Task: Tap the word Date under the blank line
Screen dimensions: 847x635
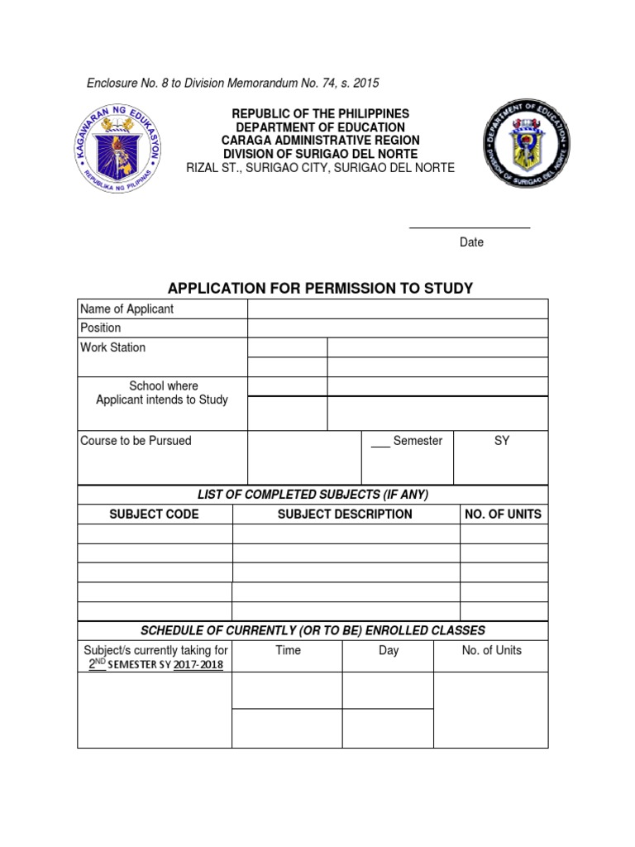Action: click(x=471, y=242)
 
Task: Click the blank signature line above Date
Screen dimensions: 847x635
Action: click(x=470, y=227)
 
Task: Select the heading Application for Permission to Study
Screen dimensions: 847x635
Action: click(x=320, y=288)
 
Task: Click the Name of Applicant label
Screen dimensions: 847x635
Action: click(x=127, y=309)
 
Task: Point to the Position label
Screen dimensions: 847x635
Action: click(x=100, y=328)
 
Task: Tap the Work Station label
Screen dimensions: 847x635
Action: click(x=112, y=347)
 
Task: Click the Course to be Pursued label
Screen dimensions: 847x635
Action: click(x=136, y=441)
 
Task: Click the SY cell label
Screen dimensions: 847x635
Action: click(x=501, y=441)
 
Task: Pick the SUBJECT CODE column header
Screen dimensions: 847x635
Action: click(x=155, y=514)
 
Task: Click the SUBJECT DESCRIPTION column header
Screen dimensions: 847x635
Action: click(x=345, y=514)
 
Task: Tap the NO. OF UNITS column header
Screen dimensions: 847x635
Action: click(x=503, y=514)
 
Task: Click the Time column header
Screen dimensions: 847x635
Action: click(x=288, y=650)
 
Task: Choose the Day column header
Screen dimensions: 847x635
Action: click(x=389, y=650)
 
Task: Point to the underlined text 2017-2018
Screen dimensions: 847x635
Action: click(x=198, y=665)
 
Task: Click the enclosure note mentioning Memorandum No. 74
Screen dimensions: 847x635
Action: click(x=233, y=83)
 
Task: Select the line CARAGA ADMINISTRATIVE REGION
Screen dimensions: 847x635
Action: click(x=320, y=141)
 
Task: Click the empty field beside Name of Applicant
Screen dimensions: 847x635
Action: click(x=397, y=309)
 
